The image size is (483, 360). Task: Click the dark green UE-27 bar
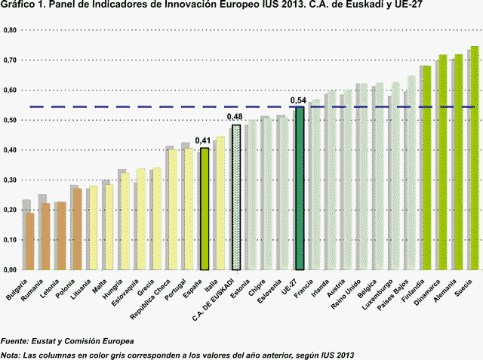point(300,188)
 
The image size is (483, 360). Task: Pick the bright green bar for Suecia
point(475,158)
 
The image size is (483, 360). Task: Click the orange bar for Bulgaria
point(30,241)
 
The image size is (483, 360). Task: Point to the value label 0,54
point(297,100)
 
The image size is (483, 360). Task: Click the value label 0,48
point(235,118)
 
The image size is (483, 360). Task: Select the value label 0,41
point(202,140)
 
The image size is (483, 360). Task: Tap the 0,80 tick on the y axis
point(10,30)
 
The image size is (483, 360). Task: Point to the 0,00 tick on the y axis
point(10,269)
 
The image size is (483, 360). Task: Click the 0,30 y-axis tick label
point(10,180)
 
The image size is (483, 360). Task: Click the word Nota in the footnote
point(11,354)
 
